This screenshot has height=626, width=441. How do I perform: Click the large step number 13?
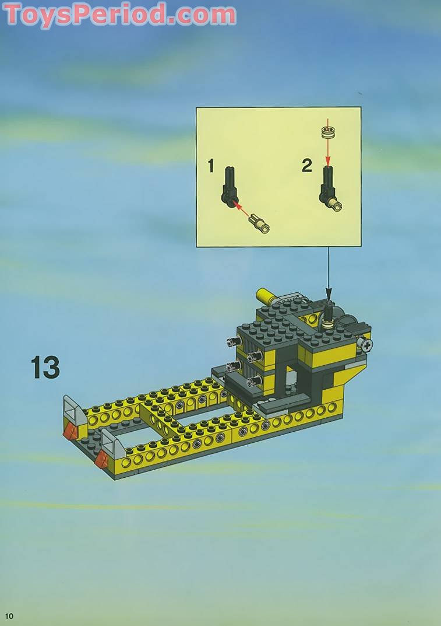[45, 368]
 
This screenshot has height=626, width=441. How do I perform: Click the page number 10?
[9, 616]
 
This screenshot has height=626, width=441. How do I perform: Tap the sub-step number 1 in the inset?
[211, 166]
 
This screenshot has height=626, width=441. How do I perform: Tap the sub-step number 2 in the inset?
[307, 166]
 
